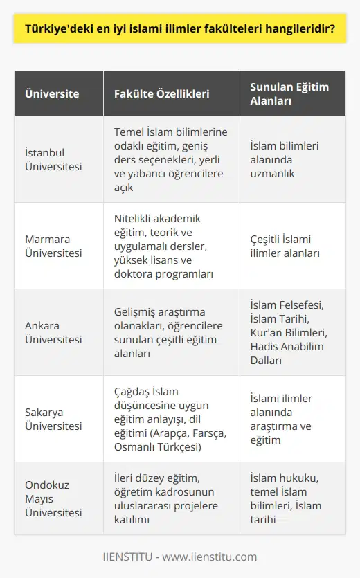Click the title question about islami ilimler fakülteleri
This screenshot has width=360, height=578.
(x=179, y=30)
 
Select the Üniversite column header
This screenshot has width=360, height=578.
(x=52, y=93)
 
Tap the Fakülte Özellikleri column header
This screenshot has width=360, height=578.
(x=156, y=93)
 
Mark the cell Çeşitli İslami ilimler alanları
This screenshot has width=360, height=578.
(x=285, y=246)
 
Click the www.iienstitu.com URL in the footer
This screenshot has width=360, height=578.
(x=209, y=557)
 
